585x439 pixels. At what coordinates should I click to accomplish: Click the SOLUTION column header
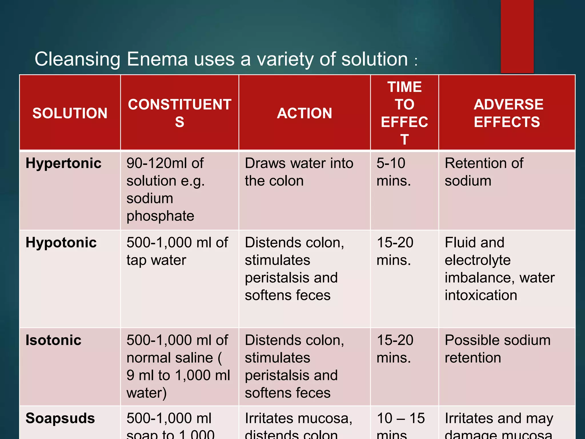click(x=70, y=113)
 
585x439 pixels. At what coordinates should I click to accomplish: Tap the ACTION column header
click(x=304, y=113)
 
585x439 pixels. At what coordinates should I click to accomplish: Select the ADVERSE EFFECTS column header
click(x=507, y=113)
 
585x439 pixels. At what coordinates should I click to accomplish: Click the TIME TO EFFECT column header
click(x=404, y=113)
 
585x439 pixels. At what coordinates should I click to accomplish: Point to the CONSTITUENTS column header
click(x=179, y=113)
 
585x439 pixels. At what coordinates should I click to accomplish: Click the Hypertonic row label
click(x=63, y=163)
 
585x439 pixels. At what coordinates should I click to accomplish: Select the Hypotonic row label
click(x=61, y=243)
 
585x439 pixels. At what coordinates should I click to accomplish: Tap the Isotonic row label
click(x=53, y=340)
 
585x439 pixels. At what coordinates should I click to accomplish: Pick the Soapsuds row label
click(x=60, y=418)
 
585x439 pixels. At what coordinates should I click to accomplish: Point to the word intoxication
click(x=481, y=295)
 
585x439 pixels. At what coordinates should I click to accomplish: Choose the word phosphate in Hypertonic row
click(x=160, y=216)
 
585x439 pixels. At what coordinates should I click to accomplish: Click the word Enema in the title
click(x=157, y=59)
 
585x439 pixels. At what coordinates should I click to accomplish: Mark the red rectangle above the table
click(x=517, y=36)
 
